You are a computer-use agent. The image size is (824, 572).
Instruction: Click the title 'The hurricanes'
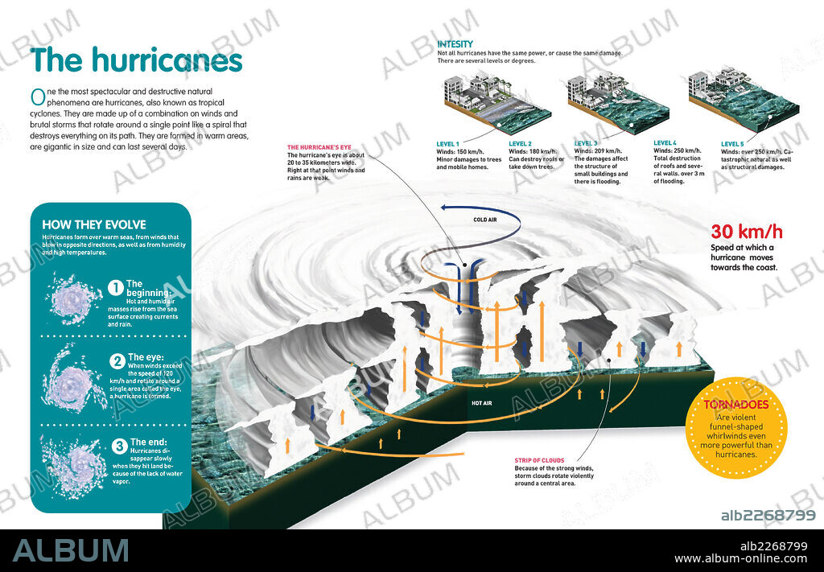[136, 60]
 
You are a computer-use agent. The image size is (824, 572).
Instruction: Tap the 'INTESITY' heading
[455, 43]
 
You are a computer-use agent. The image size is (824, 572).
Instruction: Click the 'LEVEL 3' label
[587, 143]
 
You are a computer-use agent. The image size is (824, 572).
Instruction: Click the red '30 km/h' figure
[746, 233]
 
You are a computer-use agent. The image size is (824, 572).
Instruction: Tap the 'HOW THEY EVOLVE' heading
[93, 224]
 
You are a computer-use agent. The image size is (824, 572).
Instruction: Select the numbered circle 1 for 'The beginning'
[115, 287]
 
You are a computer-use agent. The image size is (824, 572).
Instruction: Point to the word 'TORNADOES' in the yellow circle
[736, 405]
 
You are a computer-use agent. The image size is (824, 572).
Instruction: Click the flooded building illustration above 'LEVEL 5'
[733, 100]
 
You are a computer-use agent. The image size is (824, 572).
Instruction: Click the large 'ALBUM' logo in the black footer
[70, 549]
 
